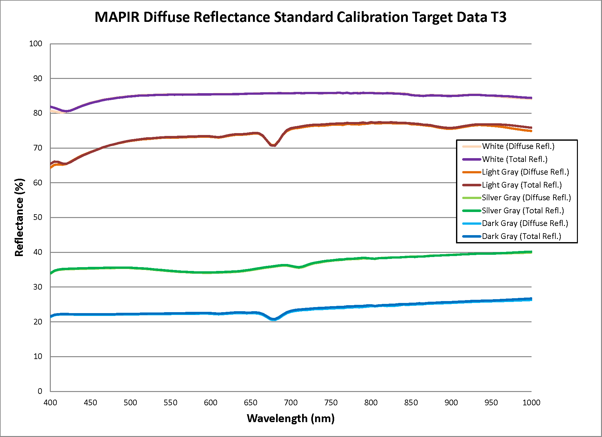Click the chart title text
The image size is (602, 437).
[300, 17]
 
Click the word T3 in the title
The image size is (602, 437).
[498, 17]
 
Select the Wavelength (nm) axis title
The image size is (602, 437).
[291, 418]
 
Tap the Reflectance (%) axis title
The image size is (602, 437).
[19, 217]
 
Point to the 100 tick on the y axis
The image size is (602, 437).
[36, 44]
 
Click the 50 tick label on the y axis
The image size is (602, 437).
[37, 217]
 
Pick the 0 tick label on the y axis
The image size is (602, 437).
[40, 391]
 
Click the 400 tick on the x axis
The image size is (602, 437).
[50, 402]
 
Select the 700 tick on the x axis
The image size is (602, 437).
[291, 402]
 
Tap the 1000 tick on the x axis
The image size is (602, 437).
[531, 402]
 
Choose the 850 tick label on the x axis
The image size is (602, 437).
[411, 402]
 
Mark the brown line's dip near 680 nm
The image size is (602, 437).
[273, 145]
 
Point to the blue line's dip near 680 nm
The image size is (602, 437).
[273, 319]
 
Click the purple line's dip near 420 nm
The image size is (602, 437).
[66, 111]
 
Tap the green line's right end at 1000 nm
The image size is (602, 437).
[531, 252]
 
